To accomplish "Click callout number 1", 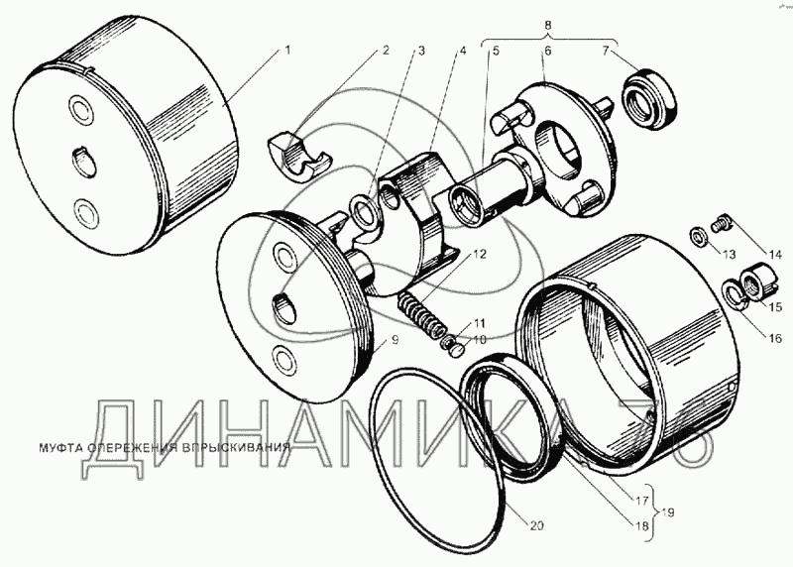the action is click(x=287, y=51).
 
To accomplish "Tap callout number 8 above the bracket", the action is click(x=549, y=25).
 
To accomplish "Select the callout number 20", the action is click(x=536, y=526).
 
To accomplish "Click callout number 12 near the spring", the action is click(x=480, y=254).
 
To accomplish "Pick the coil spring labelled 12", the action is click(x=420, y=316).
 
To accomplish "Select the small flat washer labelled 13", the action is click(x=699, y=236).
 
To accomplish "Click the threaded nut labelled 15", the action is click(x=756, y=281).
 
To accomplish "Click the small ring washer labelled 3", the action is click(x=364, y=211).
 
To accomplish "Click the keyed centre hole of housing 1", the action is click(x=82, y=162).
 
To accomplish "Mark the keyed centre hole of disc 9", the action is click(x=285, y=306).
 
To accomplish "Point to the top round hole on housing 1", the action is click(x=81, y=110).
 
